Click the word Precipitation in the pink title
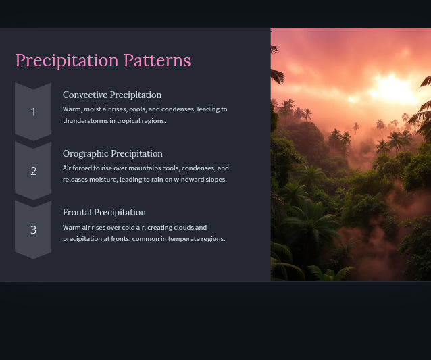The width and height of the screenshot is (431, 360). pos(67,61)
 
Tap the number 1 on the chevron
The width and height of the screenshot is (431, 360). pos(33,112)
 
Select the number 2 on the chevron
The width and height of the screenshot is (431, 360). pos(33,171)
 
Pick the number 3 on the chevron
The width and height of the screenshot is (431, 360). pos(33,230)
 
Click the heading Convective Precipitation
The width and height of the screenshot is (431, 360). pos(112,95)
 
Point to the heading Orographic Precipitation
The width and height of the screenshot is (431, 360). pos(113,153)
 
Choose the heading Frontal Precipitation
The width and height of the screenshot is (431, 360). pos(104,212)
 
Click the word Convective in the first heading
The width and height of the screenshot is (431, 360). pos(85,95)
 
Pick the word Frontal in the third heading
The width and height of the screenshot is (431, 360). pos(77,212)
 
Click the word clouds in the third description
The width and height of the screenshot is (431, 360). pos(182,227)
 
